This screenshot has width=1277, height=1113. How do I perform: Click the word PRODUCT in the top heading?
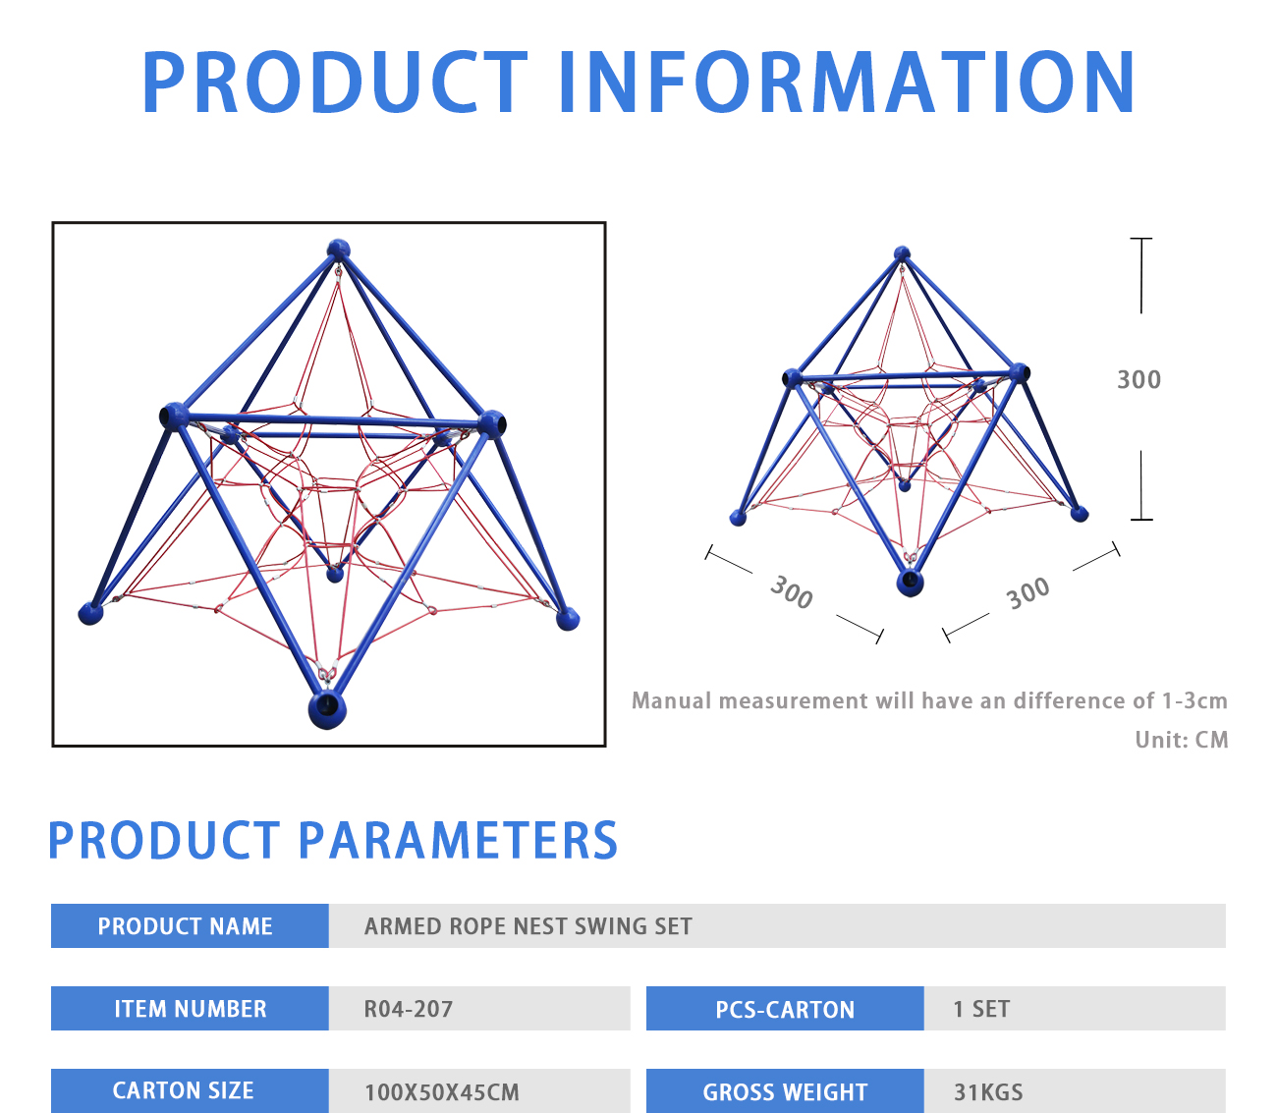pos(335,83)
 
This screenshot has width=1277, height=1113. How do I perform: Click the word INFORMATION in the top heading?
pos(847,83)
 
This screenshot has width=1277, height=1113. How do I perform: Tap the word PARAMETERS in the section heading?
pos(458,840)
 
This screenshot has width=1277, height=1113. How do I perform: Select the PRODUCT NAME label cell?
pos(190,925)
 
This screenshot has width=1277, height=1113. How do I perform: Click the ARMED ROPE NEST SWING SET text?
pos(528,926)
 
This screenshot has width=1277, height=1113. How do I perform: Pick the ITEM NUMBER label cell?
pos(190,1008)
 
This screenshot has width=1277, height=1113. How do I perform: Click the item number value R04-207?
pos(409,1009)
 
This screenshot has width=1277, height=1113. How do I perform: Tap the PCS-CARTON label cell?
pos(785,1008)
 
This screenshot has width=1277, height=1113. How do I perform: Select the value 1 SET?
pos(981,1009)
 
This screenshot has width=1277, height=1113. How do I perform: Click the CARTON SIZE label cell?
pos(190,1090)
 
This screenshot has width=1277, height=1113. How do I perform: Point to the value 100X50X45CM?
pos(441,1092)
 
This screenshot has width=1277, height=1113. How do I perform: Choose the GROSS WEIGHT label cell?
pos(785,1090)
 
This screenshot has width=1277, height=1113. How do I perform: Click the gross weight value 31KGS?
pos(988,1092)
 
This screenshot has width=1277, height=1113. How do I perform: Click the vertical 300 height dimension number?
pos(1138,379)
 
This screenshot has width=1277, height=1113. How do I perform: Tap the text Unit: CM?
pos(1181,740)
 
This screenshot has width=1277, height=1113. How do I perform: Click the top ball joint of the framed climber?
pos(338,250)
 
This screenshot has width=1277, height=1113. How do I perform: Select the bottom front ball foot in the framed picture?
pos(327,709)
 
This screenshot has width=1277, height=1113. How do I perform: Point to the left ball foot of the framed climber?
pos(90,613)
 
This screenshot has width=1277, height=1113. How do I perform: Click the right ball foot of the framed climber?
pos(568,619)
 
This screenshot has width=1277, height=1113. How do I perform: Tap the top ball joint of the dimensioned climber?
pos(902,253)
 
